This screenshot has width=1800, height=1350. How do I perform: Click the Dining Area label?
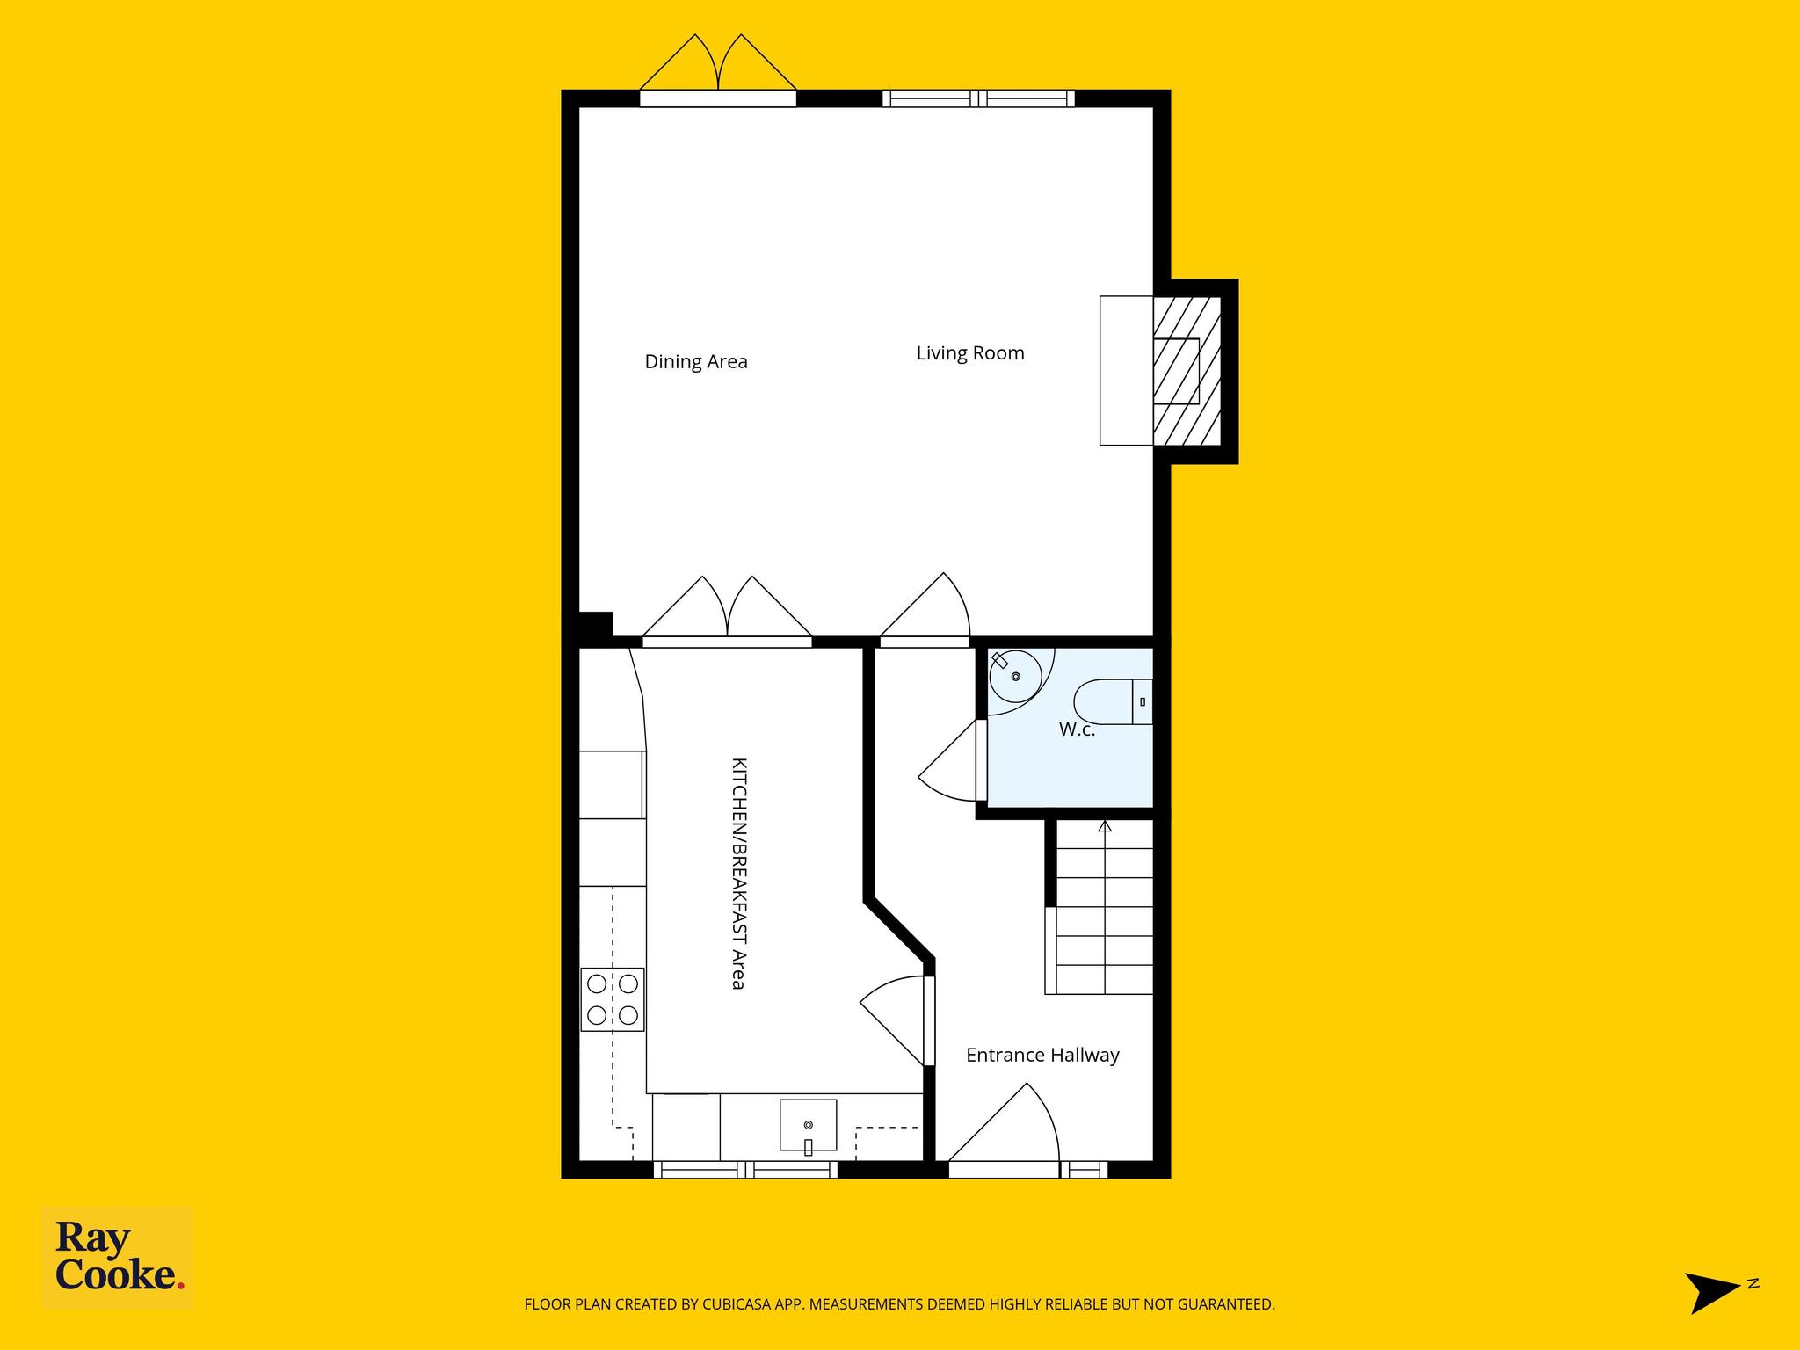pos(696,362)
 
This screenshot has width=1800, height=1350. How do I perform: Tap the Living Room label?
pos(970,353)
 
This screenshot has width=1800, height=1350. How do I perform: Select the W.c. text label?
pos(1077,729)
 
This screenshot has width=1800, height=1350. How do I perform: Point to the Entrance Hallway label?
pos(1042,1055)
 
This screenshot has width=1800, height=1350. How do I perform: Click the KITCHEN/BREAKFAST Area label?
pos(739,874)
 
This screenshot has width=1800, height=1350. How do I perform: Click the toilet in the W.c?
pos(1113,701)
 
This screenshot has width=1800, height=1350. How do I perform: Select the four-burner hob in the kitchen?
pos(613,999)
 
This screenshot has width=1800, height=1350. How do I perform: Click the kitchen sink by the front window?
pos(808,1125)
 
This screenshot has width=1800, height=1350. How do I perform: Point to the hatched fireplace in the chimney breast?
pos(1187,370)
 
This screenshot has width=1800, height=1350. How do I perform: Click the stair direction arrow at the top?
pos(1105,826)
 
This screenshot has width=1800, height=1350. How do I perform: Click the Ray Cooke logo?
pos(118,1259)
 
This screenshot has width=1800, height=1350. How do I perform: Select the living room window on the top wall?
pos(979,98)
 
